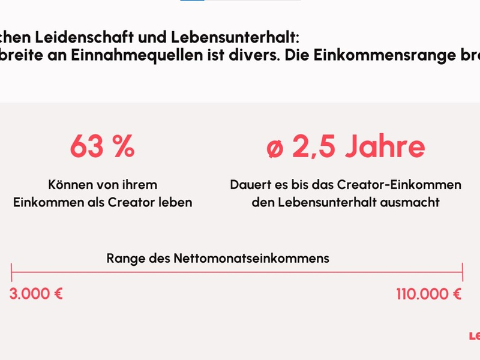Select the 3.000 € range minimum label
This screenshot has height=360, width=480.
[36, 294]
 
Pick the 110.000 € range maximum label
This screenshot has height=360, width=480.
[428, 294]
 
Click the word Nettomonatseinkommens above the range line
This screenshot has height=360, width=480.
[251, 259]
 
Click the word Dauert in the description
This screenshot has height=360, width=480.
[247, 185]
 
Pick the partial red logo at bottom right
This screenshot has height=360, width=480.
[474, 336]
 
